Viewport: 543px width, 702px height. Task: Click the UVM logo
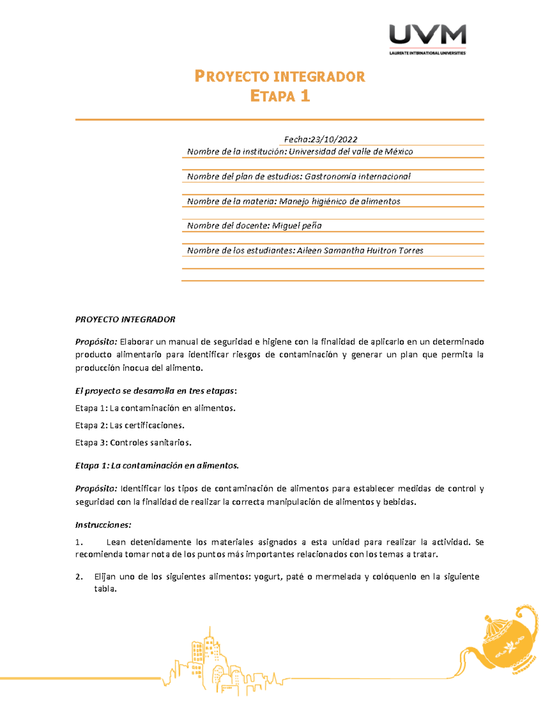(x=427, y=35)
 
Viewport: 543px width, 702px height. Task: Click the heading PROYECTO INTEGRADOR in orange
(x=280, y=76)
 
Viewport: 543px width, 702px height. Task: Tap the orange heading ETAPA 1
(x=280, y=96)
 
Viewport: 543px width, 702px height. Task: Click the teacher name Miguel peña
(x=297, y=226)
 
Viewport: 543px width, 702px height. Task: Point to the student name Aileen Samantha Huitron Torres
(x=360, y=250)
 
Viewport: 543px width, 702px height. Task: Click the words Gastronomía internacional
(x=357, y=176)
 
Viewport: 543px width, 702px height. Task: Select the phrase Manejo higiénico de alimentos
(x=340, y=201)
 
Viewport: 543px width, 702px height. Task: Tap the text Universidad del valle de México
(x=351, y=152)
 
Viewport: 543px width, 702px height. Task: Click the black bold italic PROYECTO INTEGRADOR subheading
(x=125, y=320)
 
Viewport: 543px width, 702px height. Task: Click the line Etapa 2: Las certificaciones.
(x=129, y=425)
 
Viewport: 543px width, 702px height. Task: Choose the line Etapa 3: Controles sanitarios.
(x=133, y=443)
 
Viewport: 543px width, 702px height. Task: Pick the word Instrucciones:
(x=103, y=525)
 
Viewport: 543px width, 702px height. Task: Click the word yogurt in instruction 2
(x=268, y=577)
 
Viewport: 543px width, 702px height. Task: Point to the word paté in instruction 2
(x=295, y=577)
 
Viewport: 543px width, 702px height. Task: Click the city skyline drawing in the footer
(x=217, y=664)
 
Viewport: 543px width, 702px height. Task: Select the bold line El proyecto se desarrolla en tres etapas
(x=156, y=391)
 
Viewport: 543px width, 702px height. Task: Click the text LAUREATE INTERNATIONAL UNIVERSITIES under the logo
(x=427, y=53)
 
